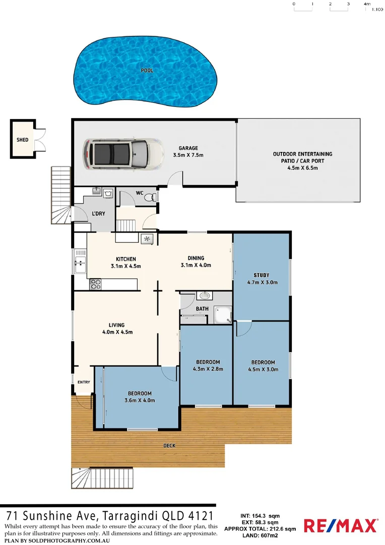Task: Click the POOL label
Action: pyautogui.click(x=147, y=71)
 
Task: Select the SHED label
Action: pyautogui.click(x=23, y=139)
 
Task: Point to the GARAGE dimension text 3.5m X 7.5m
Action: pyautogui.click(x=188, y=155)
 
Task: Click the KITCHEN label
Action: pyautogui.click(x=126, y=259)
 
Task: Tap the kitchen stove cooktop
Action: pyautogui.click(x=96, y=285)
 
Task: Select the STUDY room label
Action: pyautogui.click(x=261, y=275)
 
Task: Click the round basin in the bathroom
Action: pyautogui.click(x=204, y=296)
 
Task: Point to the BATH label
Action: pyautogui.click(x=202, y=309)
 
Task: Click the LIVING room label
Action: pyautogui.click(x=116, y=325)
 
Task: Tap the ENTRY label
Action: pyautogui.click(x=84, y=382)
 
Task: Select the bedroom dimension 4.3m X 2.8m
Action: pyautogui.click(x=208, y=369)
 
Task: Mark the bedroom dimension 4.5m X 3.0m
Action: pyautogui.click(x=263, y=369)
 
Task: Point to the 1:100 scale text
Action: pyautogui.click(x=376, y=9)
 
